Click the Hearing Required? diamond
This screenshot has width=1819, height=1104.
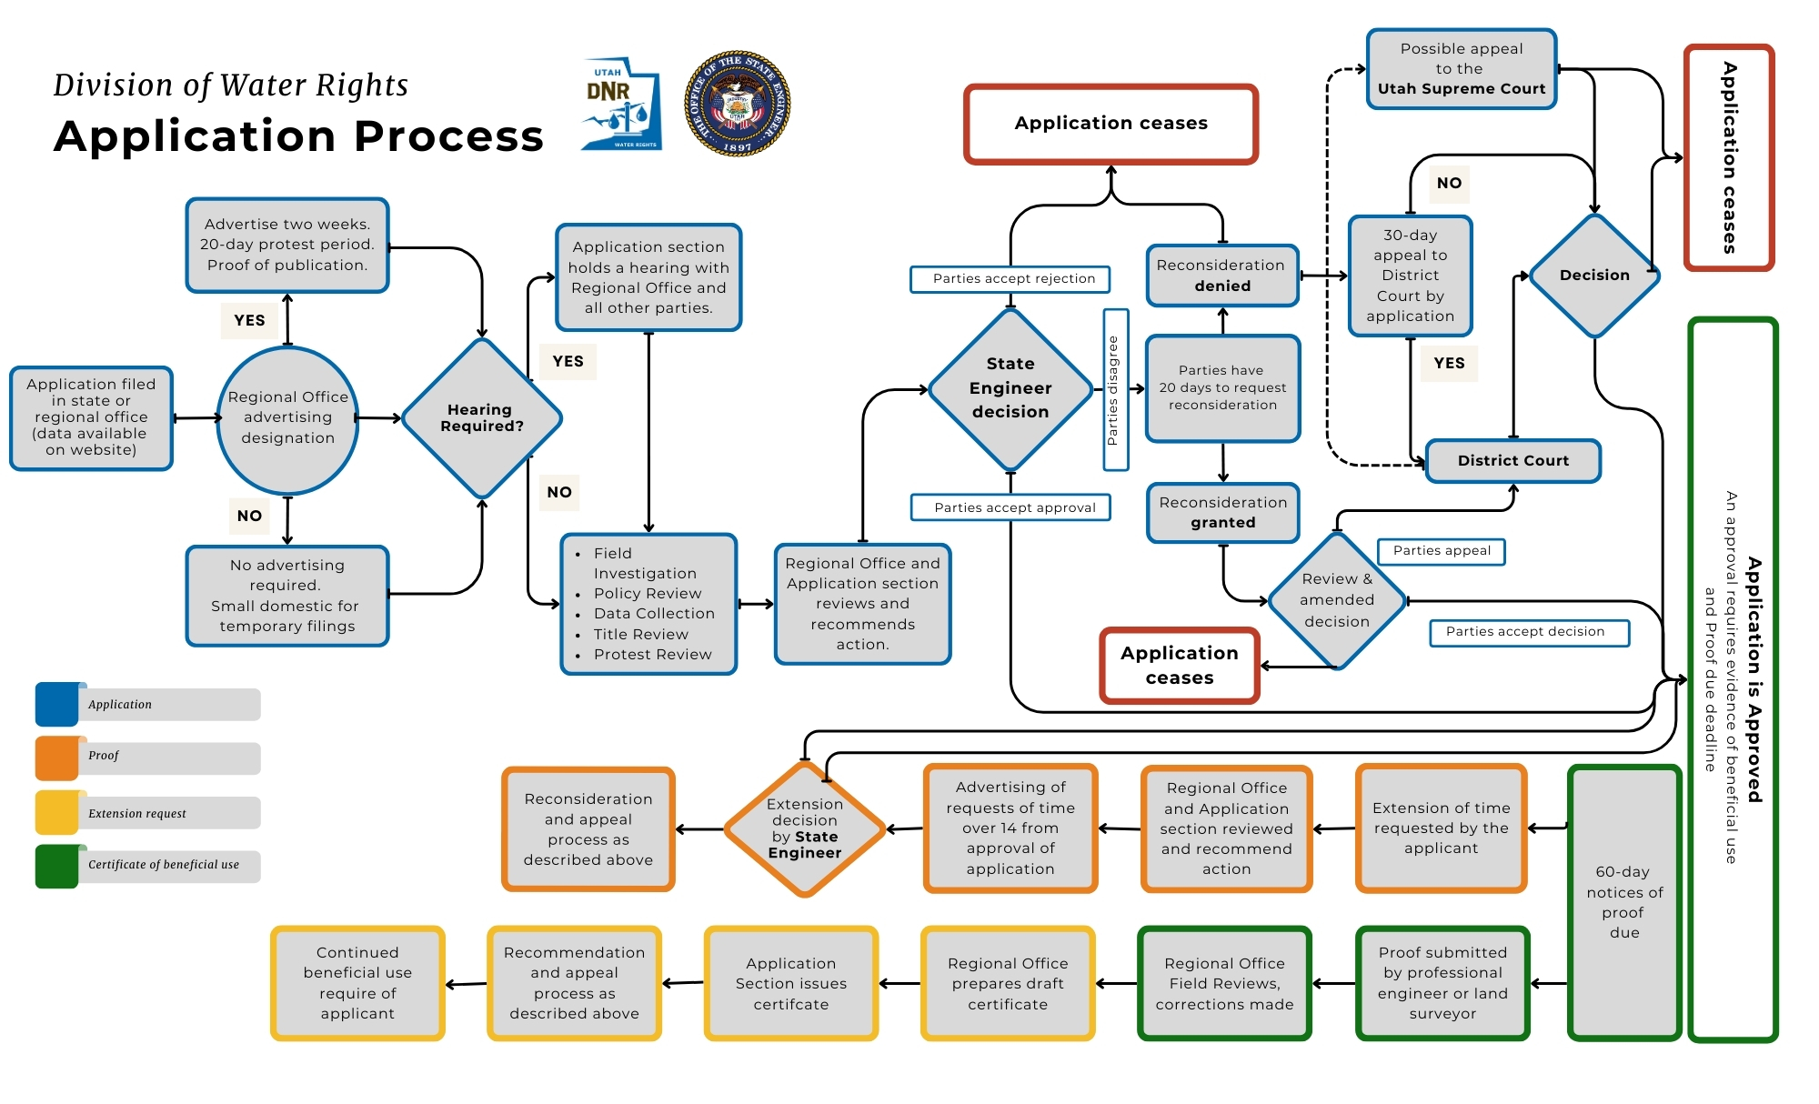(x=481, y=418)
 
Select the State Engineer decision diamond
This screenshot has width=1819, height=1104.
(x=1010, y=388)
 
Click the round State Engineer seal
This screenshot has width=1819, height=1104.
(x=737, y=104)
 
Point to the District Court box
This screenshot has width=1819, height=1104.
(x=1512, y=460)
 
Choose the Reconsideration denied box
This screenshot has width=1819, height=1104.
(x=1221, y=276)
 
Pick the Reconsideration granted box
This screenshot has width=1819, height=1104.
(x=1222, y=513)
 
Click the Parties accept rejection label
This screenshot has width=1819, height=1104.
(x=1010, y=278)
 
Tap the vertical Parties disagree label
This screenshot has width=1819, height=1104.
(x=1114, y=390)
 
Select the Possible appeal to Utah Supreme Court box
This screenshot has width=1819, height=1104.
(x=1461, y=69)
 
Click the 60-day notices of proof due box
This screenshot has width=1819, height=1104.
(x=1623, y=902)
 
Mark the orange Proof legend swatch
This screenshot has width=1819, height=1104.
(x=57, y=758)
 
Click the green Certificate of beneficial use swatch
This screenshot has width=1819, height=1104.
(x=57, y=866)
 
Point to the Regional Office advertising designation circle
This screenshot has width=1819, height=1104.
(x=287, y=418)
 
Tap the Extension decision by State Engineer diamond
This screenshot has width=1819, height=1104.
(x=804, y=828)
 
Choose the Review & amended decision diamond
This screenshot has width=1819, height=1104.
(x=1336, y=600)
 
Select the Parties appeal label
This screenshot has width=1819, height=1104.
(x=1441, y=551)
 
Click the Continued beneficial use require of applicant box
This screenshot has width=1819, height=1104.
(x=357, y=983)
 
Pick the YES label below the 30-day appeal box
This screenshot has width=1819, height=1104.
(x=1448, y=363)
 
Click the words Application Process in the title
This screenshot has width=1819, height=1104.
(x=298, y=136)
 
